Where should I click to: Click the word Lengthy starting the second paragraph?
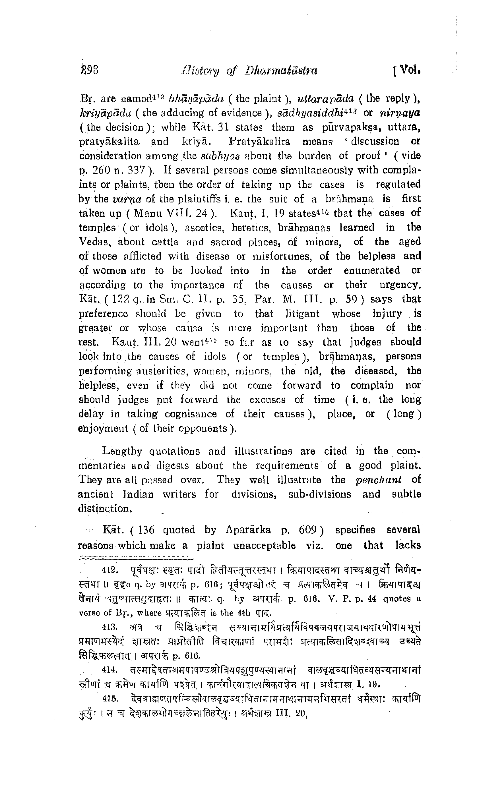(122, 452)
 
